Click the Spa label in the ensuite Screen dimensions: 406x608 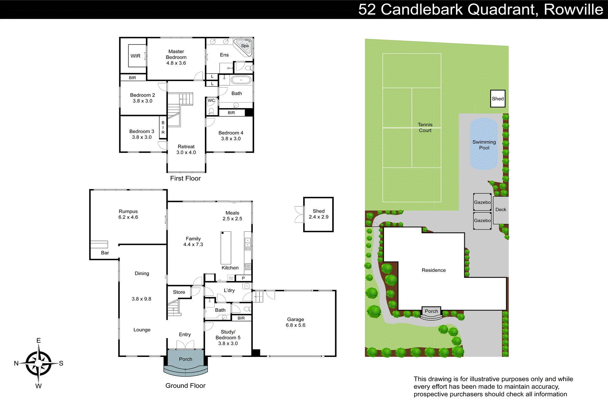(245, 46)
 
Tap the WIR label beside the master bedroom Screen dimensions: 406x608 (136, 56)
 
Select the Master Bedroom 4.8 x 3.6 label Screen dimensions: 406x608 (176, 57)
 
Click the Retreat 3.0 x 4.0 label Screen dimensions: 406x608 (186, 150)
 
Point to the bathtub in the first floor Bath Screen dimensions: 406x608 (241, 80)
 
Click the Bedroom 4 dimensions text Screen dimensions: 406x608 (231, 139)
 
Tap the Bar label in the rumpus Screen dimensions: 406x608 (105, 253)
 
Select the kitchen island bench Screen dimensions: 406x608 (226, 248)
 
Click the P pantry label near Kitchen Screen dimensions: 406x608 (243, 278)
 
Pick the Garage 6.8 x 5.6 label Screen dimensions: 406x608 (296, 322)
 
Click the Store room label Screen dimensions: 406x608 (179, 292)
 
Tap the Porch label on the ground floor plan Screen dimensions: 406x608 (185, 359)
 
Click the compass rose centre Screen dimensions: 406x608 (39, 363)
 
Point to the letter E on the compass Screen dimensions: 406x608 (38, 341)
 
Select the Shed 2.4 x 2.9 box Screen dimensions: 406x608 (318, 214)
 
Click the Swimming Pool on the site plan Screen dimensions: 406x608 (484, 145)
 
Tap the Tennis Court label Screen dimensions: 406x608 (425, 127)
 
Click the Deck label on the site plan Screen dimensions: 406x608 (501, 210)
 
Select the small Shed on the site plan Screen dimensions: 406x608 (497, 99)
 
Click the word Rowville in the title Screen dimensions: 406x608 (573, 10)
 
